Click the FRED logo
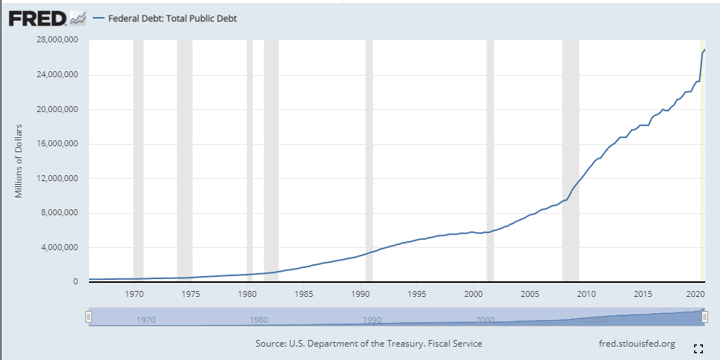[38, 17]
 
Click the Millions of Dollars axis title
[19, 161]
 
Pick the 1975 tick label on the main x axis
[191, 294]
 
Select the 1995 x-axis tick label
[416, 294]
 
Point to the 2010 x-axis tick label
[586, 294]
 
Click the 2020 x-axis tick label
[696, 294]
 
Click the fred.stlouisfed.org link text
[636, 344]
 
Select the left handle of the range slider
[88, 317]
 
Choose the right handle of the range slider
[704, 317]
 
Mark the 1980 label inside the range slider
[259, 320]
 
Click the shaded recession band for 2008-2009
[570, 160]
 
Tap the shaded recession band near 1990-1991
[369, 160]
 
